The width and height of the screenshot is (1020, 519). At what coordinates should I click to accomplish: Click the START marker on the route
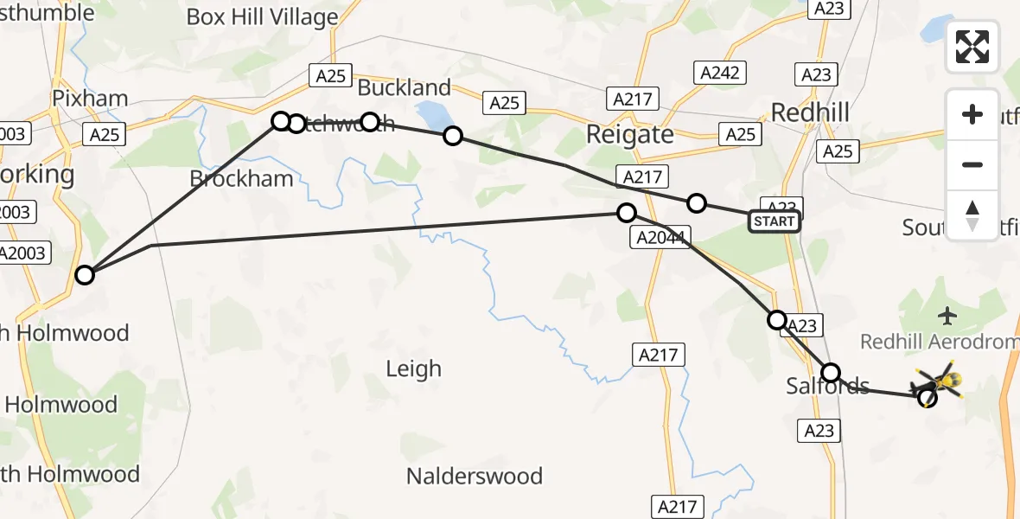coord(774,221)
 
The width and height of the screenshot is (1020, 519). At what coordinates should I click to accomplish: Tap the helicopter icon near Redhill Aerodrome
coord(940,381)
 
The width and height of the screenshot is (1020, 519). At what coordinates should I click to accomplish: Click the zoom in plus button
coord(972,114)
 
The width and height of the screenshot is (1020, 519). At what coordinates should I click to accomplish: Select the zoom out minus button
coord(972,164)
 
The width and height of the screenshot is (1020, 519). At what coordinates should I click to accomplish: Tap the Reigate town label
coord(629,134)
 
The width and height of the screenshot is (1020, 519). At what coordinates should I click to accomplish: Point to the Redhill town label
coord(810,112)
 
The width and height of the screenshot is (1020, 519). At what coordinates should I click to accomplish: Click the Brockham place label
coord(241,178)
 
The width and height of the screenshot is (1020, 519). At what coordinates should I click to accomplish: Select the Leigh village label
coord(413,369)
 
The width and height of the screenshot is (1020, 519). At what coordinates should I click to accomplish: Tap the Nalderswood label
coord(475,476)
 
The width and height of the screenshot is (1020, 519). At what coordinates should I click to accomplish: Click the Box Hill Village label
coord(262,16)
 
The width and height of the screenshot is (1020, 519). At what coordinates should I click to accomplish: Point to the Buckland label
coord(404,87)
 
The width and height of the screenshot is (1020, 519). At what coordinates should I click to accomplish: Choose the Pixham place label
coord(90,98)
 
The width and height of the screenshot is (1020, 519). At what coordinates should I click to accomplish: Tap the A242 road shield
coord(719,73)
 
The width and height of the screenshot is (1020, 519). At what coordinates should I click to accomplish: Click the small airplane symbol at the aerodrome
coord(948,317)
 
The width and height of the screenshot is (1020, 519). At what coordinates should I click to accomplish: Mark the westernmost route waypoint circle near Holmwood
coord(84,275)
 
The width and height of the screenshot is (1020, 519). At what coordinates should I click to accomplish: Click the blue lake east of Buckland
coord(430,113)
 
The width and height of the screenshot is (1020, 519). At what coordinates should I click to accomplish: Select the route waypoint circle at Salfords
coord(830,373)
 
